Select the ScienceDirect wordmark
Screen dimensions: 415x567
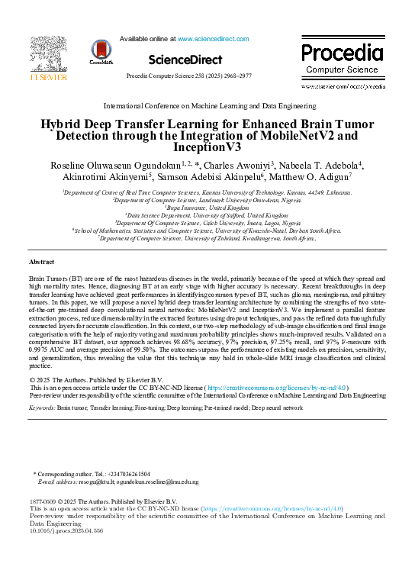[185, 60]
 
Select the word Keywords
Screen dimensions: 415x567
[43, 409]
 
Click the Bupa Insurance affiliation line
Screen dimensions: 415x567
[207, 207]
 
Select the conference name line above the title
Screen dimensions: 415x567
[207, 105]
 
